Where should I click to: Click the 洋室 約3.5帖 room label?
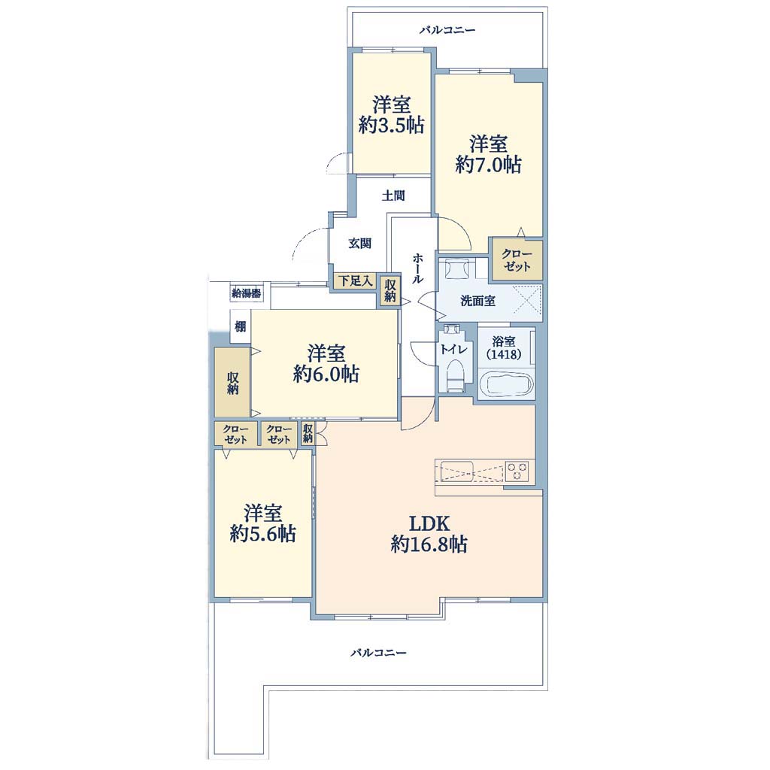click(x=391, y=115)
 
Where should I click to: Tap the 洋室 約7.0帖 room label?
click(x=488, y=155)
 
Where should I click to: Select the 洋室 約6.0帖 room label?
click(x=326, y=364)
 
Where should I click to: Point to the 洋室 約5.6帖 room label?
click(x=262, y=523)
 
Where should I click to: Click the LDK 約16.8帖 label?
click(x=429, y=535)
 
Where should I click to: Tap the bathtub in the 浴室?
click(x=506, y=383)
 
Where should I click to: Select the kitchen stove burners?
click(x=517, y=470)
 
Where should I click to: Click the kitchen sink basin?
click(x=456, y=469)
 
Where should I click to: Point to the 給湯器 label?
click(x=246, y=294)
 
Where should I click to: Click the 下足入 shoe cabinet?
click(x=356, y=281)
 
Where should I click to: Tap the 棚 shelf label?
click(x=240, y=326)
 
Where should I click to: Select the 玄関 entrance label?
click(x=360, y=243)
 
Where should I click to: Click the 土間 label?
click(x=393, y=196)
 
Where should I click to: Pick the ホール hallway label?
click(x=417, y=268)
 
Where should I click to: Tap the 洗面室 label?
click(x=477, y=301)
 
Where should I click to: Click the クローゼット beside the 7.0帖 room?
click(x=517, y=260)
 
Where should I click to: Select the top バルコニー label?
click(x=447, y=30)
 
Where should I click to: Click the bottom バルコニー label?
click(x=379, y=653)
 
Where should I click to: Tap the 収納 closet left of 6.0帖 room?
click(x=232, y=383)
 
